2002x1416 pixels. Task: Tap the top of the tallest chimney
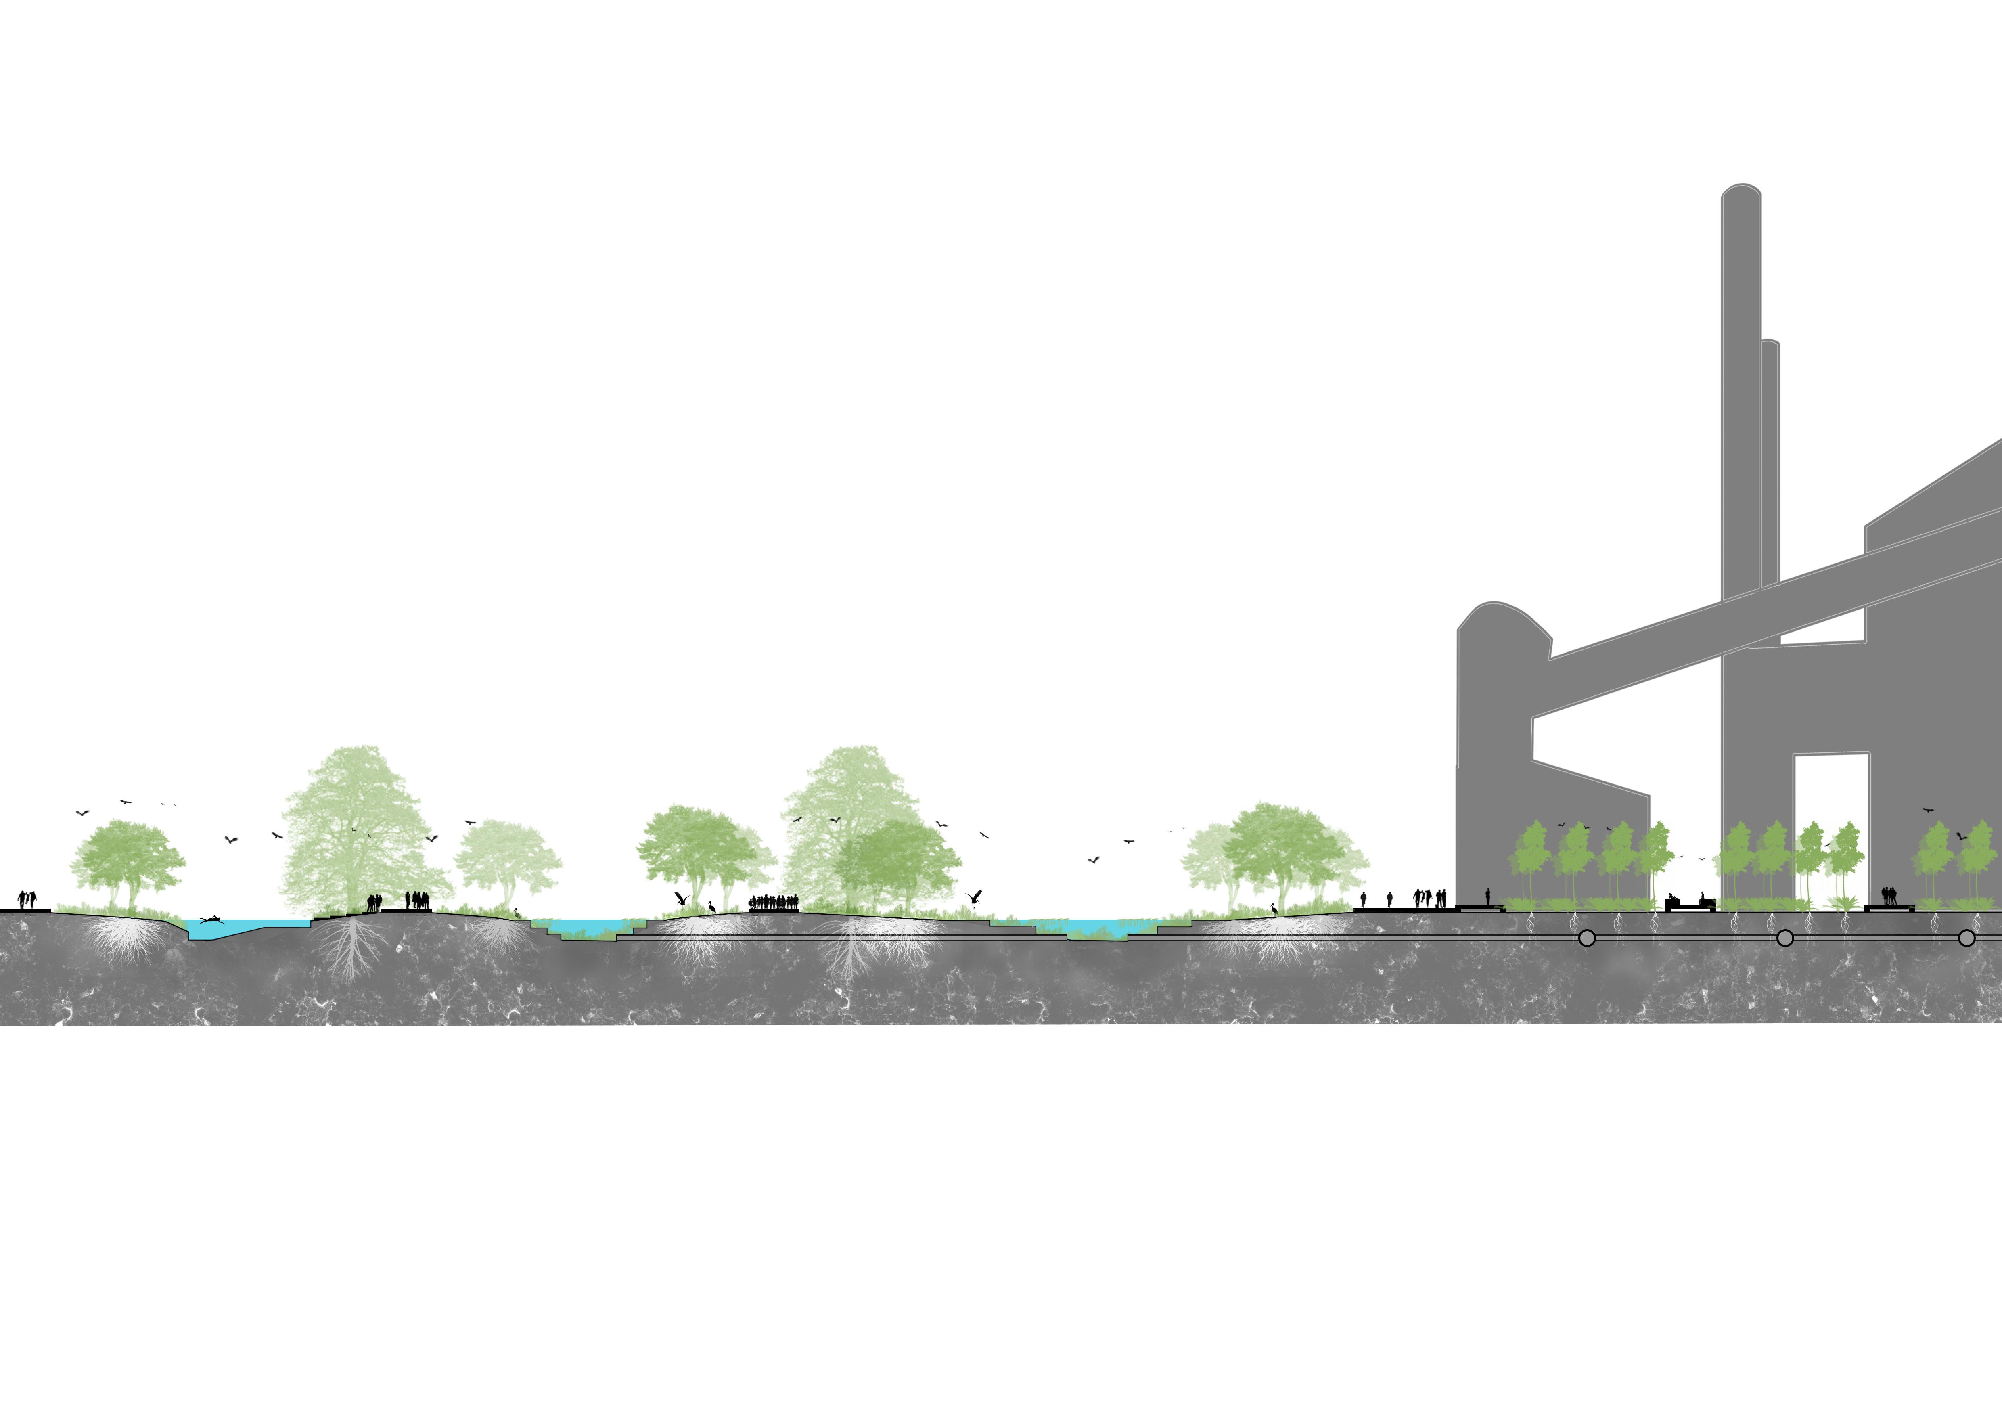tap(1741, 190)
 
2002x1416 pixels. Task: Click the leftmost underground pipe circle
tap(1587, 938)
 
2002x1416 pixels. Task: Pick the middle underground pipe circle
tap(1785, 938)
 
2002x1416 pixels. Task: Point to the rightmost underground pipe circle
tap(1966, 938)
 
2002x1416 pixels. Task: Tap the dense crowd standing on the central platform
tap(774, 903)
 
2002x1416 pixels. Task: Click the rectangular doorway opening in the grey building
tap(1831, 819)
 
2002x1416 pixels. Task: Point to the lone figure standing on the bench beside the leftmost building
tap(1487, 897)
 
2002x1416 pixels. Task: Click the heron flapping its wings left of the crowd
tap(683, 898)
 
